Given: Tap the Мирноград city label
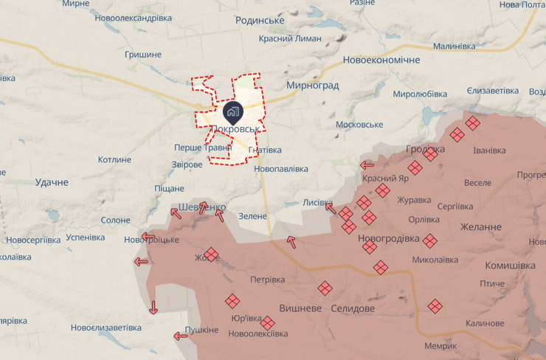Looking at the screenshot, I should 314,85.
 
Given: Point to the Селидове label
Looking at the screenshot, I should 353,308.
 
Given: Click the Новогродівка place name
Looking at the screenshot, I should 388,239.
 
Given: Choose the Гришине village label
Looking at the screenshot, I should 143,55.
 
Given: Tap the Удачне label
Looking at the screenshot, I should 52,181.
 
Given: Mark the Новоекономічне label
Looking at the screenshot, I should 381,60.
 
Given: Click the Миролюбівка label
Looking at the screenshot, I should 420,94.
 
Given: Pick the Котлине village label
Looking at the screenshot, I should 114,159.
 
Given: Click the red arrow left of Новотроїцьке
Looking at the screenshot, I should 148,238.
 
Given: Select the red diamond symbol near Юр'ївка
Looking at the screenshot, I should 232,300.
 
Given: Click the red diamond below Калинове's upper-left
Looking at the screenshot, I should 435,305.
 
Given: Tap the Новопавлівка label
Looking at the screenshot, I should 280,169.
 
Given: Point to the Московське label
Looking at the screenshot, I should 359,124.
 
